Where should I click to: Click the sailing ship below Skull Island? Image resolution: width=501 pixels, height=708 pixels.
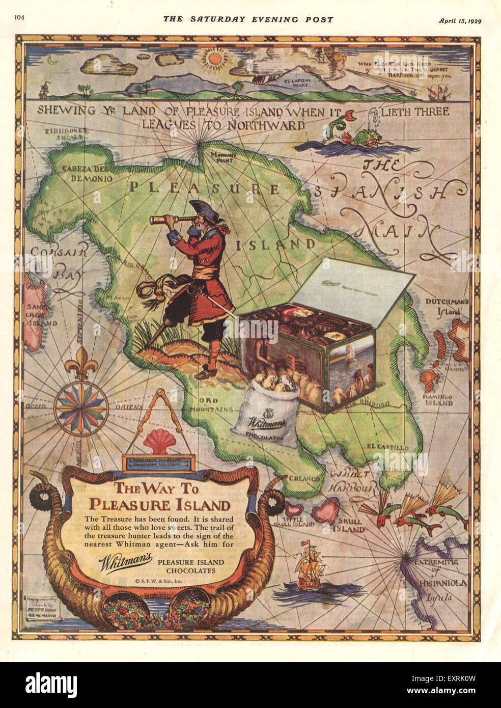[311, 566]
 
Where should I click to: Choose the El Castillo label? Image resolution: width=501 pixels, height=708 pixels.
[386, 447]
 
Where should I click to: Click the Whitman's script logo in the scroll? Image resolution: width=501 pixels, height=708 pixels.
[126, 561]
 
